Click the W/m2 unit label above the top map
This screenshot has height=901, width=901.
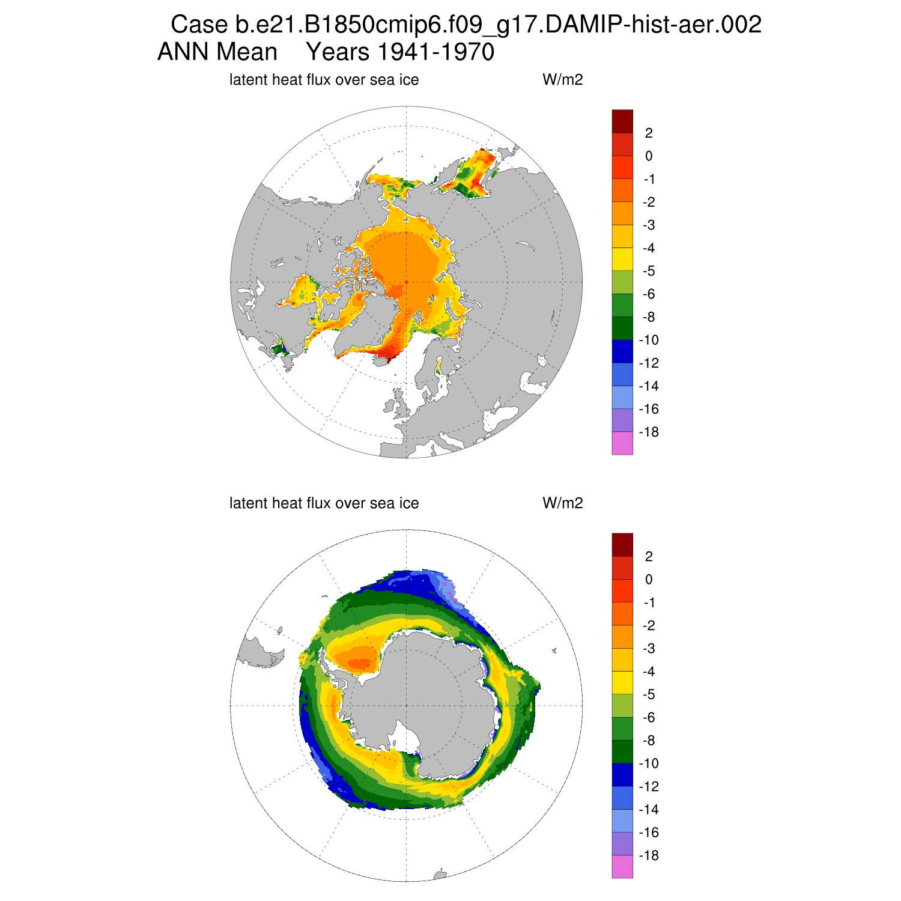[x=562, y=80]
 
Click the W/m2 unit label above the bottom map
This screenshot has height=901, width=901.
[x=562, y=503]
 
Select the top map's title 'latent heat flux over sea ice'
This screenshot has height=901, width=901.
[x=324, y=80]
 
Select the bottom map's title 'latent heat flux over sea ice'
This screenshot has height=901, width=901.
[x=324, y=503]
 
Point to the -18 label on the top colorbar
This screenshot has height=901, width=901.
[x=649, y=432]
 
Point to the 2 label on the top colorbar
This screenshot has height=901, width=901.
[x=649, y=133]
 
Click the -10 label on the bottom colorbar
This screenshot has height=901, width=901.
[x=649, y=764]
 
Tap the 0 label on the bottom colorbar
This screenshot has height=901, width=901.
[x=649, y=580]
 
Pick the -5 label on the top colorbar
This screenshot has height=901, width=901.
[x=649, y=272]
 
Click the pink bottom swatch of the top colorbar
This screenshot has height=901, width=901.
[x=622, y=443]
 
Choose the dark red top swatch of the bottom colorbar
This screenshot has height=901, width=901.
[x=622, y=545]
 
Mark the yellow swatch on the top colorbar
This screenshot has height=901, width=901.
[x=622, y=259]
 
